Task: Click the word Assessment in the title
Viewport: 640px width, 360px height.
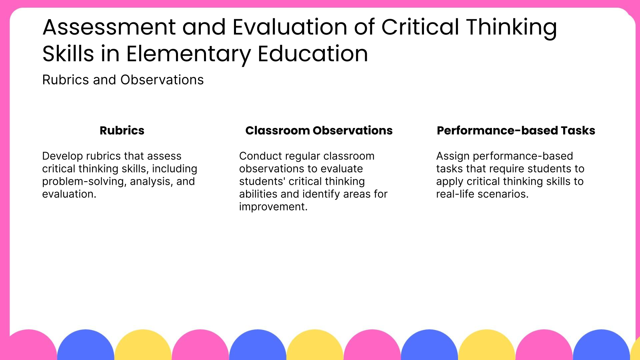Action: coord(109,27)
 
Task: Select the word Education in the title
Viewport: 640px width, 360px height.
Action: coord(313,54)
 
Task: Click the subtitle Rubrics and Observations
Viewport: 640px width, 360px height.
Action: coord(123,80)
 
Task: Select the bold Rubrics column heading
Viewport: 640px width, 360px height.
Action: coord(122,130)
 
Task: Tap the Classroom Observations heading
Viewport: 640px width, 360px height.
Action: coord(319,130)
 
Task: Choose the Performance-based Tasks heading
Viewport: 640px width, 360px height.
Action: coord(516,130)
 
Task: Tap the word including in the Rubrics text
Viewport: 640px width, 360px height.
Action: coord(174,169)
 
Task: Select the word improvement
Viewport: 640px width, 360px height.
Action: coord(273,207)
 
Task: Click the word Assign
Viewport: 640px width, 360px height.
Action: coord(453,156)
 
